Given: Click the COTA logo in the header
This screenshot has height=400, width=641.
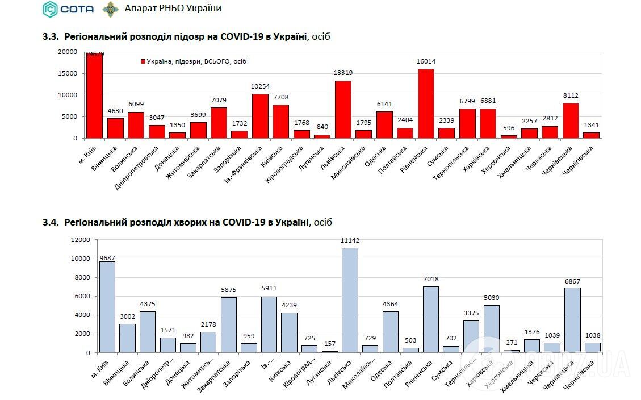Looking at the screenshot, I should pyautogui.click(x=66, y=9).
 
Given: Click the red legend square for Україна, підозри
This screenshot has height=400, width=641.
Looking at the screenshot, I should pyautogui.click(x=143, y=61).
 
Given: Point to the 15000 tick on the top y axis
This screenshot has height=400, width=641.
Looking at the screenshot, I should pyautogui.click(x=68, y=73).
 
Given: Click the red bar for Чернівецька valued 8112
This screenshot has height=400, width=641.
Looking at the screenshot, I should pyautogui.click(x=571, y=120).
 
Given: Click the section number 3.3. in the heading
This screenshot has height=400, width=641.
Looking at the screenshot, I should pyautogui.click(x=51, y=37).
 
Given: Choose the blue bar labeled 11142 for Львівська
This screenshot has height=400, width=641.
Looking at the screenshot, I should pyautogui.click(x=350, y=300).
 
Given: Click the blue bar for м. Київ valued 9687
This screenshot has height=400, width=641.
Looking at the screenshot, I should pyautogui.click(x=107, y=307).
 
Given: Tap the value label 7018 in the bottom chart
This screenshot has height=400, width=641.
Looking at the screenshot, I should pyautogui.click(x=430, y=279).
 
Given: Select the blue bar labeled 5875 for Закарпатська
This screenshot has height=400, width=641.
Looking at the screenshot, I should pyautogui.click(x=229, y=324).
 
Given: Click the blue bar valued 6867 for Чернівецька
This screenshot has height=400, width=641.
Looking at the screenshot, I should pyautogui.click(x=572, y=320).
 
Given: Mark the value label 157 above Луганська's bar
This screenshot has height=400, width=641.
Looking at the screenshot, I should pyautogui.click(x=329, y=343).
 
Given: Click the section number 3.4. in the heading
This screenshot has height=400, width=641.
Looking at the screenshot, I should pyautogui.click(x=51, y=222).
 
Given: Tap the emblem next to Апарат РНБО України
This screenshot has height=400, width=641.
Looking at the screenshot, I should pyautogui.click(x=110, y=9).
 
